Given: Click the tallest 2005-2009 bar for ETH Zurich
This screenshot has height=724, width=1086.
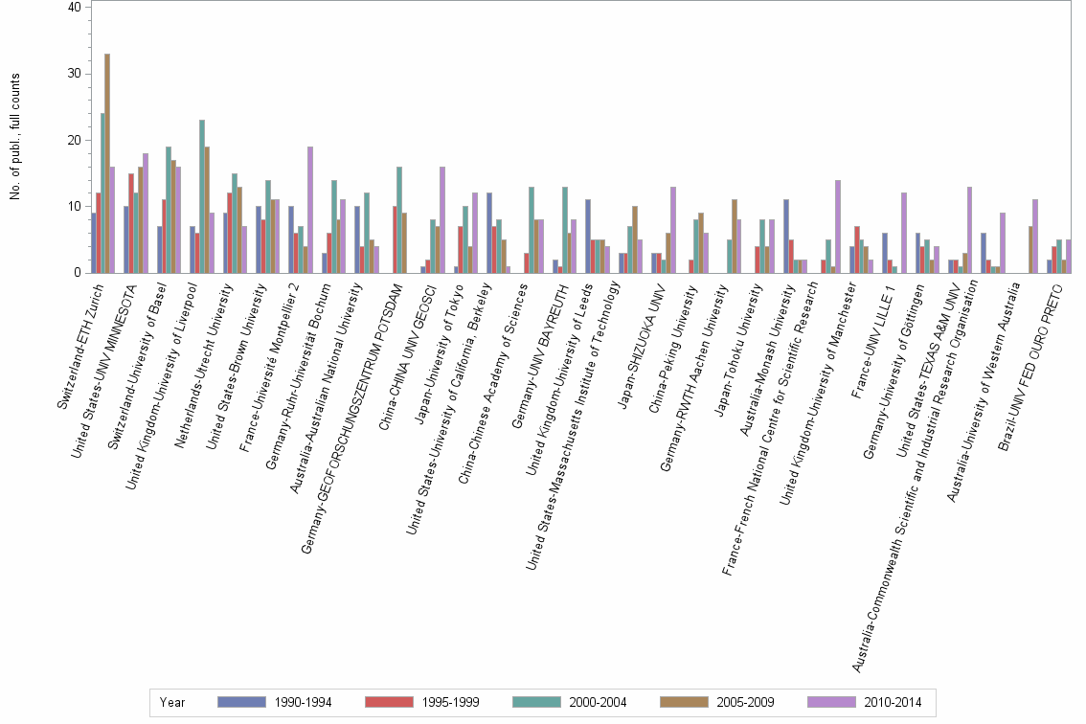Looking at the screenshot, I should click(x=107, y=163).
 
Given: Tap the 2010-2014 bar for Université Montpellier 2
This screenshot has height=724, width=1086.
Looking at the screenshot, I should click(x=310, y=210).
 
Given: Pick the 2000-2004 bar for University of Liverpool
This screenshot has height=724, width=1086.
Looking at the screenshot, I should click(x=202, y=196).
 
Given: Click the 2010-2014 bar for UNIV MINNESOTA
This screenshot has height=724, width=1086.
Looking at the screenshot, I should click(x=146, y=213).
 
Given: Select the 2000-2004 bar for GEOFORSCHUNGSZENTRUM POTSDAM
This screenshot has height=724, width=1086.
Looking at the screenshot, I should click(x=398, y=220).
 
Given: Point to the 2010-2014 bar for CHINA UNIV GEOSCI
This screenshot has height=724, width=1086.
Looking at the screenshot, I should click(x=442, y=220).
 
